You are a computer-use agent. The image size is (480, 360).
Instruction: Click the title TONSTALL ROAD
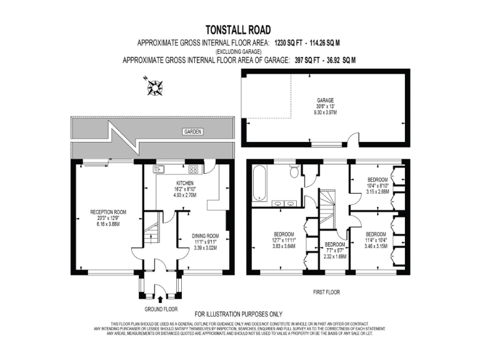239,29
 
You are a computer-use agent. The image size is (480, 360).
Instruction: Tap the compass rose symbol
154,86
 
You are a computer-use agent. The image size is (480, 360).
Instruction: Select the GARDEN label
192,132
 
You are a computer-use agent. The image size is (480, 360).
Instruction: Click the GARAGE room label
325,100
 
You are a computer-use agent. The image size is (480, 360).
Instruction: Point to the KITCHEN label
185,182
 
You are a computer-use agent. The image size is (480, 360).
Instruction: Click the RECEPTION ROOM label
108,212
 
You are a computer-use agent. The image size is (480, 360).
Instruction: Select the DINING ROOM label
205,236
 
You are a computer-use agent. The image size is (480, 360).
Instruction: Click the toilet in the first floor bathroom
294,171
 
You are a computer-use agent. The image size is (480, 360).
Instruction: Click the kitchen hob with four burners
194,168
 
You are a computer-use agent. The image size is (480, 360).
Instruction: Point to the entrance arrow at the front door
161,300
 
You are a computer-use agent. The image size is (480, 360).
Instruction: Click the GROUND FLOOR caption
161,309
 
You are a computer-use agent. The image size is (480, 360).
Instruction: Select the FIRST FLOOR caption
327,291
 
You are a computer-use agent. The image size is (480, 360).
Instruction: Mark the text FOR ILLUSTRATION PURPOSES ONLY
239,314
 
